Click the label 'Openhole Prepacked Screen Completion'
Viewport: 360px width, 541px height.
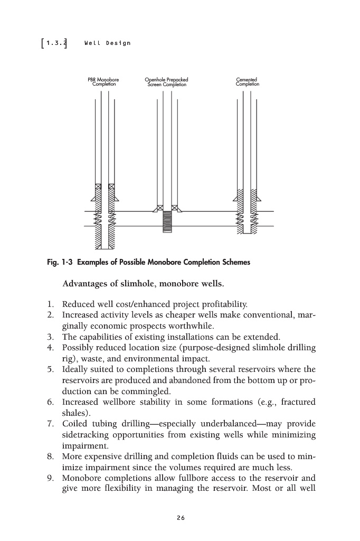pos(166,82)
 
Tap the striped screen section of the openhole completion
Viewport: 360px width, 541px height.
pos(167,221)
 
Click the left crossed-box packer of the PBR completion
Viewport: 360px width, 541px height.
pos(98,187)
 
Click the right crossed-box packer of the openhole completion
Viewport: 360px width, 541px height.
pos(174,208)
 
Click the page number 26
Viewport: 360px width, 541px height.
pos(181,518)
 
